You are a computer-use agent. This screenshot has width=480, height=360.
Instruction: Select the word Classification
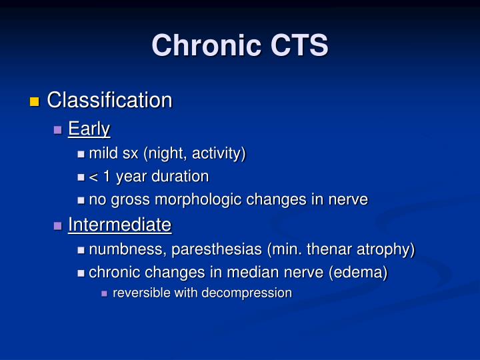[x=109, y=101]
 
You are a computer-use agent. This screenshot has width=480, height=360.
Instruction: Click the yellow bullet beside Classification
[x=35, y=102]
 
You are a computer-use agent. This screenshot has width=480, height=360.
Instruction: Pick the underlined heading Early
[x=89, y=129]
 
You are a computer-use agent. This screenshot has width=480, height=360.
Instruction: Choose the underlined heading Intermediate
[x=119, y=225]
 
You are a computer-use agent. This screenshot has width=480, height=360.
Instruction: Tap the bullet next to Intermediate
[x=58, y=226]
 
